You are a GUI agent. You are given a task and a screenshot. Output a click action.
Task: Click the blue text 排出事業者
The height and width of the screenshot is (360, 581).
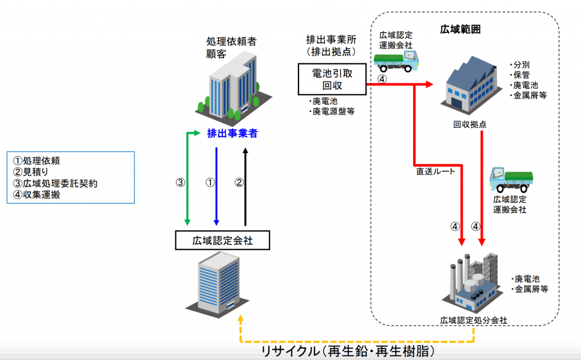coord(232,133)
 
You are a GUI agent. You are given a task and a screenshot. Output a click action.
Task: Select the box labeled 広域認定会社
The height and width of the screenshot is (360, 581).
coord(222,240)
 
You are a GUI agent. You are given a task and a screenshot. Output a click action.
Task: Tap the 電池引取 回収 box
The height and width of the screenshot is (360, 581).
coord(332,79)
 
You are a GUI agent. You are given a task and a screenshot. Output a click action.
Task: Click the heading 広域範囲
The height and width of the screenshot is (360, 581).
coord(460,29)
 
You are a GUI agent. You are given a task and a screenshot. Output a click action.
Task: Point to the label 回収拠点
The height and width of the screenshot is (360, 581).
coord(470,125)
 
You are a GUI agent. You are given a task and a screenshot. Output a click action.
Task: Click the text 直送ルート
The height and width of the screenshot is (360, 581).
coord(435,171)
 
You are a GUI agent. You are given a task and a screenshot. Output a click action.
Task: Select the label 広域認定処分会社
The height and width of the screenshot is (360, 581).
coord(474,320)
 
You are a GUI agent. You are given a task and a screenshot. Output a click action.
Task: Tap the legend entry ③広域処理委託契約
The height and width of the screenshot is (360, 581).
coord(55,183)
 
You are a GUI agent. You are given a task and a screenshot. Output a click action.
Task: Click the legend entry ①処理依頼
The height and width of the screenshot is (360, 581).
coord(36,161)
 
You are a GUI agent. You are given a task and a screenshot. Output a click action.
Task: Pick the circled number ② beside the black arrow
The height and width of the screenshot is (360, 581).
coord(239,182)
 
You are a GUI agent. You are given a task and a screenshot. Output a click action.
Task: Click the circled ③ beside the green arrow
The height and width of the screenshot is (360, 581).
coord(180,182)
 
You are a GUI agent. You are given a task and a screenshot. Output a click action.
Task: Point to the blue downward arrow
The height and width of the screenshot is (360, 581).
coord(216,187)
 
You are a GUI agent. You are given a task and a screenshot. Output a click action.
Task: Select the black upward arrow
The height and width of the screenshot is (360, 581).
coord(245,187)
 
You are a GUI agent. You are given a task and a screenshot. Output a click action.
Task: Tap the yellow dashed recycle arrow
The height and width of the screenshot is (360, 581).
coord(357,341)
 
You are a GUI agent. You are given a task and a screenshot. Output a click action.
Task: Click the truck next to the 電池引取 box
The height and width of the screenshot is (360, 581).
coord(396,61)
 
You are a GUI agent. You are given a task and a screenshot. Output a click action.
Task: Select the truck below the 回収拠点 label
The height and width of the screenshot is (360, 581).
coord(511,179)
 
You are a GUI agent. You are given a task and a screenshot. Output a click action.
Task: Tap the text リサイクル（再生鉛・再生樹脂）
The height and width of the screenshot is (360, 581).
coord(348,351)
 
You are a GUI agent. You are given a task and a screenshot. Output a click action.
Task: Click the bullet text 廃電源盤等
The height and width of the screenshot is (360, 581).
coord(332,112)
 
